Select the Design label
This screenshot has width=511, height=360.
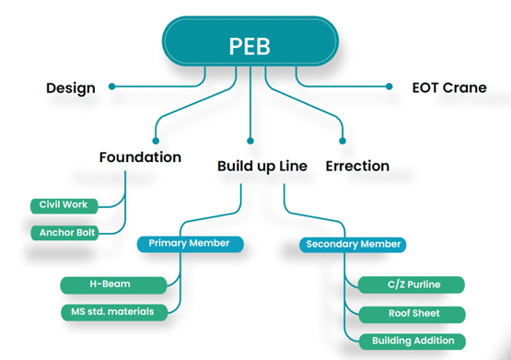point(71,88)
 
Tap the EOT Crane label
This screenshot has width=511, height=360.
point(449,88)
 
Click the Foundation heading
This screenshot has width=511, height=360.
point(140,157)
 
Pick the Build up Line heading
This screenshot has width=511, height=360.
point(262,167)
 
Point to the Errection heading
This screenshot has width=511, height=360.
point(357,167)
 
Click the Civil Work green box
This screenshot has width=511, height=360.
point(63,204)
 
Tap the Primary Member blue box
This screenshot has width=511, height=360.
point(191,244)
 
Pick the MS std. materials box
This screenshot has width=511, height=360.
point(115,311)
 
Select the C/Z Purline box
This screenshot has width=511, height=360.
point(412,285)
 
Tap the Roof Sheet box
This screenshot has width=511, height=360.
point(412,313)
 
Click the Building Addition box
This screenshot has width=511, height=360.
point(412,341)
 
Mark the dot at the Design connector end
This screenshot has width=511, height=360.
point(111,87)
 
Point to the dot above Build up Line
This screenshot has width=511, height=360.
point(250,141)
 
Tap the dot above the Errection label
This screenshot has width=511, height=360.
point(343,141)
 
